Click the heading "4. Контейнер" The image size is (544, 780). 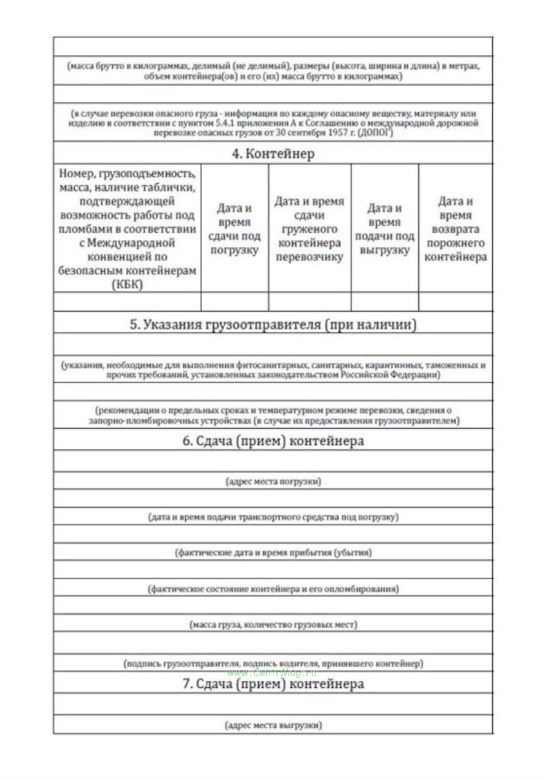point(273,154)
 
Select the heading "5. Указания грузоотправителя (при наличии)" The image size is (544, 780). point(273,324)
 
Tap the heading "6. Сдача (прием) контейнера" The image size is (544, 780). point(273,441)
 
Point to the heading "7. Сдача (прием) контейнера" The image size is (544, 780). point(273,683)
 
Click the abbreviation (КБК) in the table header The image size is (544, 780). point(127,284)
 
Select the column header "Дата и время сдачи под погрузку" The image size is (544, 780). point(234,229)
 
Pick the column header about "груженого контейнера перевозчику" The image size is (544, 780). point(309,229)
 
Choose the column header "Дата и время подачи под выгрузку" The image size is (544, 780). point(384,229)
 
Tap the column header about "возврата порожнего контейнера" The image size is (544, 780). point(455,229)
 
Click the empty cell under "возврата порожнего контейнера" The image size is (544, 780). point(455,302)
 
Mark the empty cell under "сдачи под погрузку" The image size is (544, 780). point(234,302)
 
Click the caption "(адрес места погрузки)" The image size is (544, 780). point(273,481)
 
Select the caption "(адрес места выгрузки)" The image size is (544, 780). point(273,725)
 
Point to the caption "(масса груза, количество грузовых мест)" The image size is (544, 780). point(273,624)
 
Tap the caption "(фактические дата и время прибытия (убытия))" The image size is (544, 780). point(273,552)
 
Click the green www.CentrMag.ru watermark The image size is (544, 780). point(272,673)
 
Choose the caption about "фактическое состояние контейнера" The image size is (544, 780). point(273,589)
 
